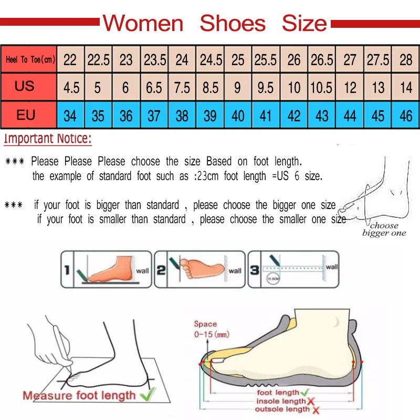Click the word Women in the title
[x=143, y=24]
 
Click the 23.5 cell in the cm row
[x=155, y=60]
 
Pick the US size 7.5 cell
[x=182, y=87]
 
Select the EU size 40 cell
[x=238, y=115]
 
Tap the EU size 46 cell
[x=406, y=115]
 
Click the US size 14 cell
[x=406, y=87]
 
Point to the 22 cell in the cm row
[x=70, y=60]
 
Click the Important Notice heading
[x=48, y=139]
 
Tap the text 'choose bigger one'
[x=384, y=229]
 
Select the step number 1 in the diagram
[x=67, y=271]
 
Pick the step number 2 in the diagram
[x=161, y=271]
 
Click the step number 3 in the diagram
[x=254, y=271]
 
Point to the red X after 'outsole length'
[x=316, y=409]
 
